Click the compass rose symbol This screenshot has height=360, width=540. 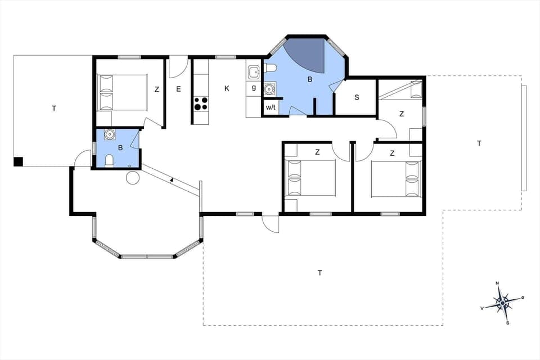click(x=502, y=303)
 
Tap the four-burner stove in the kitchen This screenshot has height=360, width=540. click(x=201, y=103)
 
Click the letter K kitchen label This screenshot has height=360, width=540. click(x=227, y=88)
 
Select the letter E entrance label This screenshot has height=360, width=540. click(x=178, y=89)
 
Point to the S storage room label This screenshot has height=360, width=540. click(x=357, y=97)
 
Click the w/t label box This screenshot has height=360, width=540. click(x=271, y=106)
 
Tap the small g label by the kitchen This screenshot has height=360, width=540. click(x=254, y=88)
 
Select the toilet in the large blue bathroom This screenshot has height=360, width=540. click(x=270, y=69)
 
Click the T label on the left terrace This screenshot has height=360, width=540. click(x=54, y=109)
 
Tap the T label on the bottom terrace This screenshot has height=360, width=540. click(x=319, y=273)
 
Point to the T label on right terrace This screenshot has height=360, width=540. click(x=479, y=143)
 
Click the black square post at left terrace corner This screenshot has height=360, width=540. click(x=18, y=161)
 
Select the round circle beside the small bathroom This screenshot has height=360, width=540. click(x=132, y=179)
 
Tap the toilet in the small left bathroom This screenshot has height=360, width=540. click(x=110, y=161)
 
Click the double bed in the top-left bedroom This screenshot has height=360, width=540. click(x=123, y=92)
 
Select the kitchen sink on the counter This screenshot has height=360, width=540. click(x=254, y=71)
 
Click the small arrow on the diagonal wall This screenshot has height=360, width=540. click(x=171, y=180)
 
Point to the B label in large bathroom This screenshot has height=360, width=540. click(x=309, y=80)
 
